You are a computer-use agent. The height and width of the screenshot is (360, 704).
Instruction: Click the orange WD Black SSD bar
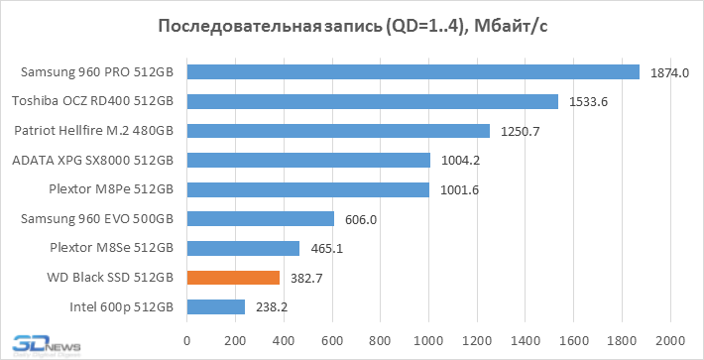(233, 278)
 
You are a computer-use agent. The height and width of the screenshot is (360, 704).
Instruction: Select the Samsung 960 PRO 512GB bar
(413, 71)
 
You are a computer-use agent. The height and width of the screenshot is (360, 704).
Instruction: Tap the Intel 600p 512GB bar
(216, 307)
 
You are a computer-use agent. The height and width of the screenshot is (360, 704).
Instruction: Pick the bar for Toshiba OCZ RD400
(372, 101)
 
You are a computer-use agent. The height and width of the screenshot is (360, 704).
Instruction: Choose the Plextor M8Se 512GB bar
(243, 248)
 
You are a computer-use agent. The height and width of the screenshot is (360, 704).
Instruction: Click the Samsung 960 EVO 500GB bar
(261, 219)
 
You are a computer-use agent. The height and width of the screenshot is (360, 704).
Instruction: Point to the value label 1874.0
(669, 72)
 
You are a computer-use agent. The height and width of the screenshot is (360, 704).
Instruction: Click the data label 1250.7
(520, 132)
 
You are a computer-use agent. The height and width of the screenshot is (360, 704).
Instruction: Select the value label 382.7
(306, 279)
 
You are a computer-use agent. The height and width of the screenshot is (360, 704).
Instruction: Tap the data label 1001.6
(459, 190)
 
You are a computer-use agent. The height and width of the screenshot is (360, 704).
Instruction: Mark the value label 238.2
(272, 307)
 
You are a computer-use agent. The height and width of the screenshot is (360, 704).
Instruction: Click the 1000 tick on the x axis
(428, 340)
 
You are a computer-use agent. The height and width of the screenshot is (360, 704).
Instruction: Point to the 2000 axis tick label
(670, 340)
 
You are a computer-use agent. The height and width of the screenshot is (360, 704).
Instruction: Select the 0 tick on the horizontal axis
(187, 340)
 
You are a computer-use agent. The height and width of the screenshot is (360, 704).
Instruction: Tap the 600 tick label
(332, 340)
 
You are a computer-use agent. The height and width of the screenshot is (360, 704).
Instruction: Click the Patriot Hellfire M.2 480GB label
(94, 131)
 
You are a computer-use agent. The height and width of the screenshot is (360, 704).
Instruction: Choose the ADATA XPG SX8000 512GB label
(93, 160)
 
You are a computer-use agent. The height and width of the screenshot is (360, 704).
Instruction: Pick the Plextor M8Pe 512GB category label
(111, 189)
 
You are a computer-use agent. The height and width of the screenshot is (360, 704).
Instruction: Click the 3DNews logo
(47, 346)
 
